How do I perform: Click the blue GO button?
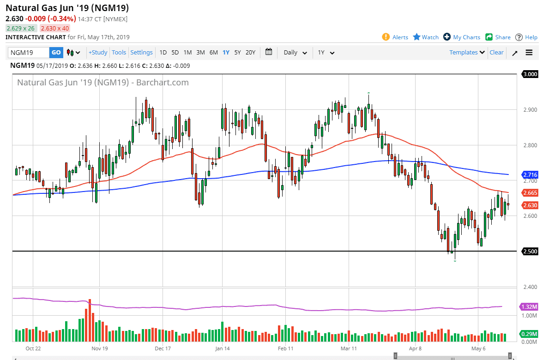[56, 53]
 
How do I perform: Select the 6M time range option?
[213, 53]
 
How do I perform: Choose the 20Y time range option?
[250, 53]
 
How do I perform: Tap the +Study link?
[98, 53]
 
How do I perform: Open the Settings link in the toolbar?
[141, 53]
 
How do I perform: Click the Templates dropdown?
[467, 53]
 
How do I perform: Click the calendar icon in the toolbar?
[269, 52]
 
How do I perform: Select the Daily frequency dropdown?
[295, 53]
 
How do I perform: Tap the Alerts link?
[395, 37]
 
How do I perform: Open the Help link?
[526, 37]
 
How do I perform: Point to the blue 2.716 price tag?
[530, 174]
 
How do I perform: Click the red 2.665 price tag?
[530, 192]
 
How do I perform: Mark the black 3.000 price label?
[530, 74]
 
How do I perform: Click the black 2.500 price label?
[530, 252]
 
